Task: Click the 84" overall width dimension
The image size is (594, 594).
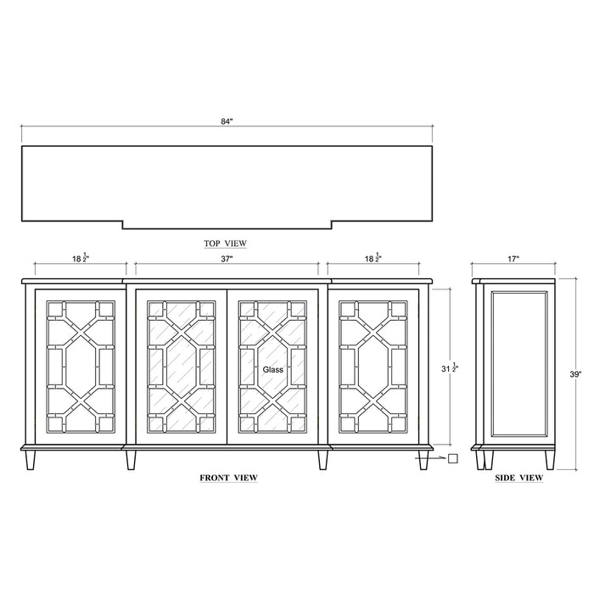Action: [226, 122]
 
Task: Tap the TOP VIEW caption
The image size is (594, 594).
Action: [226, 244]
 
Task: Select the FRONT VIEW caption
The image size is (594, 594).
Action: [228, 478]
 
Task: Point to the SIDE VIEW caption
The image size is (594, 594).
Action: [518, 478]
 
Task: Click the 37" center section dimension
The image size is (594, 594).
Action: [227, 258]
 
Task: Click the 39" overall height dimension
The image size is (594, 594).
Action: [574, 373]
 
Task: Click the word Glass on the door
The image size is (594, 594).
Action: [272, 370]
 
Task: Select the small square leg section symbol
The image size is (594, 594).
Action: [452, 459]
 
